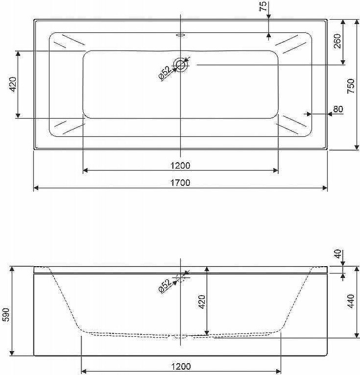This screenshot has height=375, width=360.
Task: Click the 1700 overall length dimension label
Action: (180, 183)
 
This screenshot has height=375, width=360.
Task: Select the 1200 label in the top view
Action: (180, 166)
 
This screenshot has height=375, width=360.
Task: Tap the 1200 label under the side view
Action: (181, 366)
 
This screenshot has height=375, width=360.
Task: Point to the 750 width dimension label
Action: (351, 86)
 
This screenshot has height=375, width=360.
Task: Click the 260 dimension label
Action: (337, 41)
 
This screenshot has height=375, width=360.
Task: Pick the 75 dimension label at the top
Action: (263, 6)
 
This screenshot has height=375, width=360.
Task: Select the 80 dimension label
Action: (338, 109)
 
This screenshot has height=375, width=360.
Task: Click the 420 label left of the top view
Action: (13, 84)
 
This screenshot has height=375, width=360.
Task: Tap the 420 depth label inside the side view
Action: (202, 302)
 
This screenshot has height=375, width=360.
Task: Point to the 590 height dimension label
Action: (6, 315)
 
